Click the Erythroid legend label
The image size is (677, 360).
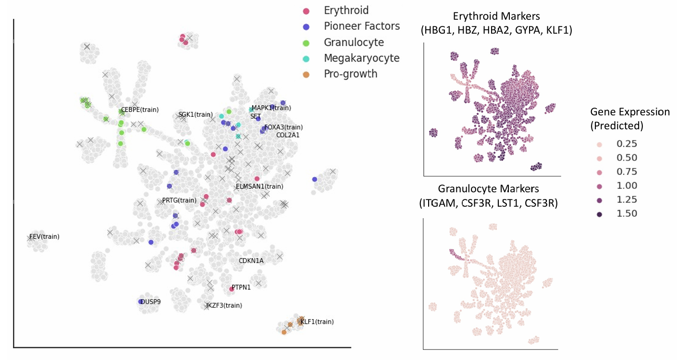point(346,11)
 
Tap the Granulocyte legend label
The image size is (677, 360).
point(354,42)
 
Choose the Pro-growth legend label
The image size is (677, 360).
point(350,74)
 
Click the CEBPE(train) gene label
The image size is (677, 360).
point(139,110)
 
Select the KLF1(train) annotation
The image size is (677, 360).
point(317,322)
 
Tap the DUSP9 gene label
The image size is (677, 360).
point(150,302)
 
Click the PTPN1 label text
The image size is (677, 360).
point(241,287)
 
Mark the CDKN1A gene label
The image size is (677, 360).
point(251,261)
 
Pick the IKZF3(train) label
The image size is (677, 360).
point(224,305)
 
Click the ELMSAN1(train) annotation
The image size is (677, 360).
point(259,186)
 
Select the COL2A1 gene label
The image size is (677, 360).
point(288,135)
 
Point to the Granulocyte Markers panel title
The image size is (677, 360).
point(488,196)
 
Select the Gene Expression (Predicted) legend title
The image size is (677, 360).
point(629,119)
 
